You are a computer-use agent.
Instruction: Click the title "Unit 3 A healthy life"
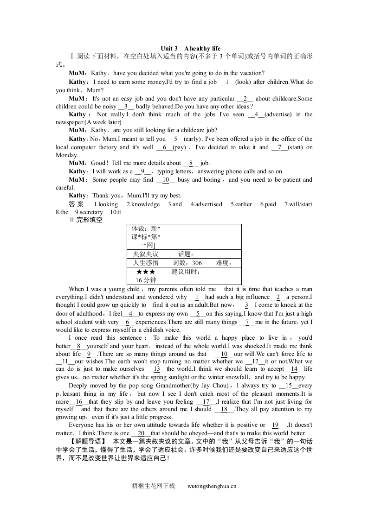tap(190, 49)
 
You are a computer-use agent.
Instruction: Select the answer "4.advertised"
tap(206, 204)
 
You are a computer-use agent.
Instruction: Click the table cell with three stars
tap(145, 272)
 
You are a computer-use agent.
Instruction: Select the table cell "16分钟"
tap(145, 280)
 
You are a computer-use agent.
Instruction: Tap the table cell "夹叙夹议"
tap(145, 254)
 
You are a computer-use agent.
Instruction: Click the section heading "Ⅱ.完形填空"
tap(86, 221)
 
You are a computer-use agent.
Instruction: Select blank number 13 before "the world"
tap(157, 369)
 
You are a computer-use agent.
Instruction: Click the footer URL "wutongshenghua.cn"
tap(213, 486)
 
